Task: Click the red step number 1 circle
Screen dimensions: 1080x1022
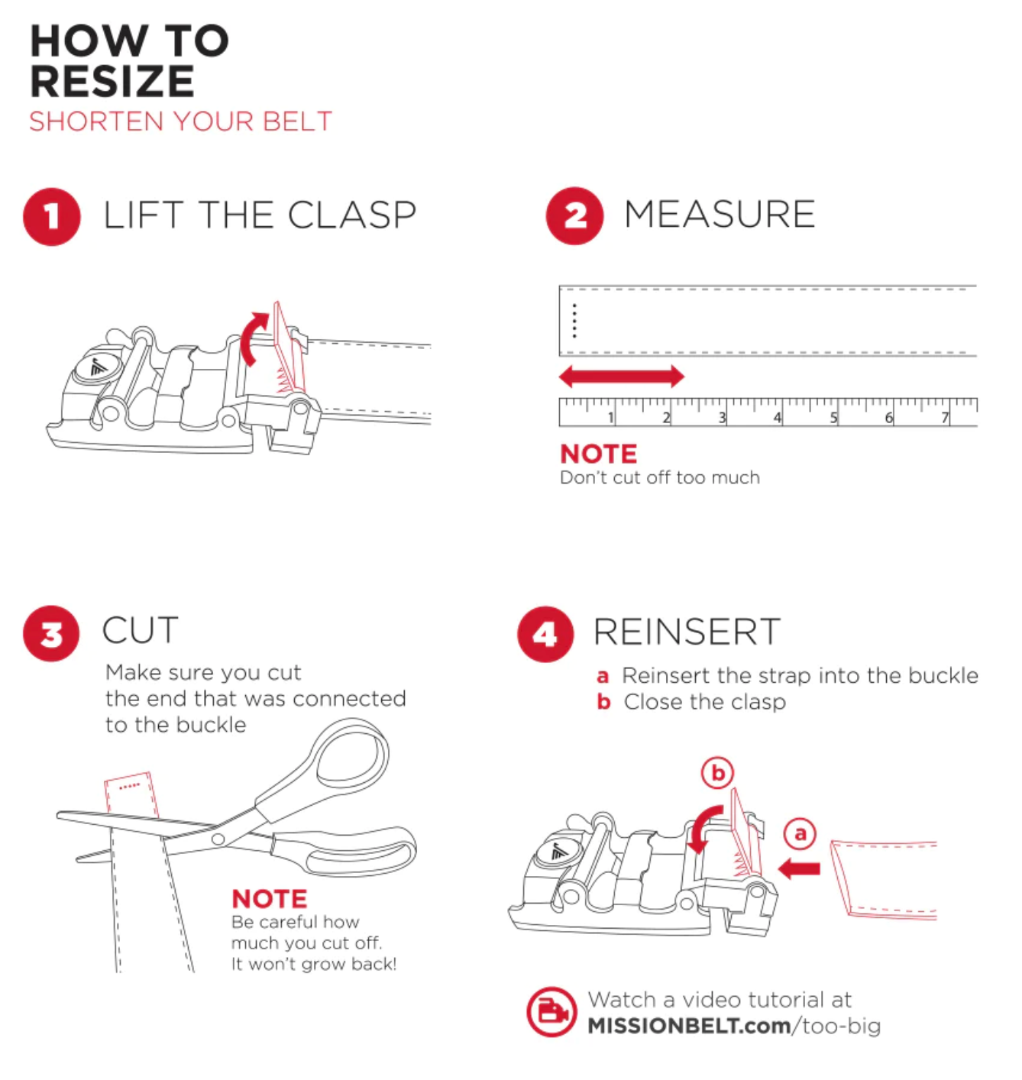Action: (x=52, y=216)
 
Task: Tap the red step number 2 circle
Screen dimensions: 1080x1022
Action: (x=574, y=216)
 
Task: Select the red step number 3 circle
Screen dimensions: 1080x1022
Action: (x=52, y=634)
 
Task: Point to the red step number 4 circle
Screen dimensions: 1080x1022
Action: (x=545, y=634)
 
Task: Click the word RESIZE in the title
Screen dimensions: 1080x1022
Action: (x=112, y=82)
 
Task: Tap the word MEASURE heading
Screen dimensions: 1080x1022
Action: (x=720, y=215)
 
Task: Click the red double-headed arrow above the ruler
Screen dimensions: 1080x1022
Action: (x=622, y=376)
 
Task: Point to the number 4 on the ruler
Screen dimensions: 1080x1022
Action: (x=778, y=418)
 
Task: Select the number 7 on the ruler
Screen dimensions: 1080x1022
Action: (x=945, y=418)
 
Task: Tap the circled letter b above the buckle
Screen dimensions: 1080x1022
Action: (x=718, y=773)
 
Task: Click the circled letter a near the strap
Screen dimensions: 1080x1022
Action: (x=800, y=833)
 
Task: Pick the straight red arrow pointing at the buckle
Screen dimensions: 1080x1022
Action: (x=799, y=868)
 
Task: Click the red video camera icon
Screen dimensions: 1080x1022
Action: (x=551, y=1012)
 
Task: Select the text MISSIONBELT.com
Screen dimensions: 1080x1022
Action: (x=689, y=1026)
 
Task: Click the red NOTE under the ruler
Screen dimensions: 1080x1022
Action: (x=598, y=454)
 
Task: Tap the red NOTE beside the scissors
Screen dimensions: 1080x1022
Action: (x=270, y=898)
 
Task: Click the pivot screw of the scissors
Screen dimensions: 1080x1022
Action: (x=218, y=839)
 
